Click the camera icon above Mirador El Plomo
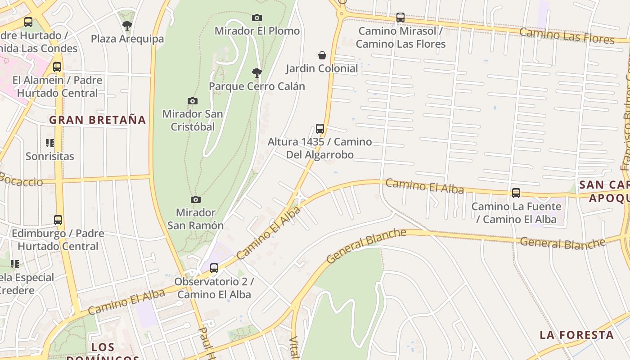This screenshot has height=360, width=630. tap(256, 18)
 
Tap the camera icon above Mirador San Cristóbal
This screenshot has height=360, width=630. tap(193, 101)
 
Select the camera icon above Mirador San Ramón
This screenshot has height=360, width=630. tap(195, 199)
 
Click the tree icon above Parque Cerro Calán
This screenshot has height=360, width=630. tap(256, 72)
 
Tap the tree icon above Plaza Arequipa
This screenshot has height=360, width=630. tap(127, 26)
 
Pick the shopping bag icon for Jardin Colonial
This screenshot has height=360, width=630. tap(322, 55)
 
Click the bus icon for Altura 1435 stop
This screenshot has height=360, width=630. tap(320, 129)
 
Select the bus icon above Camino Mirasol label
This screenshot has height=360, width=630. tap(400, 18)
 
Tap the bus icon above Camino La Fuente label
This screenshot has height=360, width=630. tap(516, 193)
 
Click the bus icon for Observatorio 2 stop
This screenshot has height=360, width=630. tap(214, 268)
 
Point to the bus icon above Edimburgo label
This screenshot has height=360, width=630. tap(58, 220)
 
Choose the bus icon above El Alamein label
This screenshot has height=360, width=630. tap(57, 67)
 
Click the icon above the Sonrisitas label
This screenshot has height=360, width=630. tap(50, 143)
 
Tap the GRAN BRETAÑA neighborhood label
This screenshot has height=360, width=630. tap(98, 120)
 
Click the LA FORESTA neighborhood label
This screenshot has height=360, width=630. tap(576, 335)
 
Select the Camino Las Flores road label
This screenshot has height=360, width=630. tap(567, 36)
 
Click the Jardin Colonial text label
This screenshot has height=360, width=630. tap(322, 68)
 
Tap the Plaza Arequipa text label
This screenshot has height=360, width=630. tap(127, 39)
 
